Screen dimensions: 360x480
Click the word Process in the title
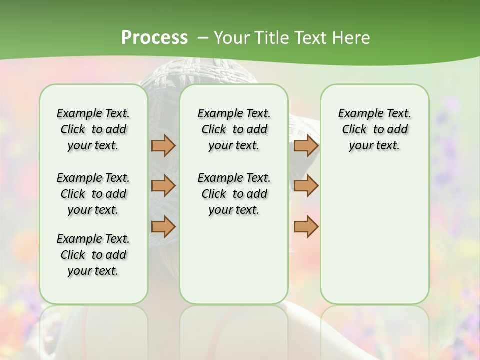tap(154, 37)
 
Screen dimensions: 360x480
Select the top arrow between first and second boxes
tap(163, 146)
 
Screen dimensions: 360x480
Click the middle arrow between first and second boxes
tap(163, 186)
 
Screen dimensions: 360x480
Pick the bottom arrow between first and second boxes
tap(163, 226)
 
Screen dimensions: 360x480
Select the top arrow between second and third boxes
tap(306, 146)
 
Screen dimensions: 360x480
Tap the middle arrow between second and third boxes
tap(306, 186)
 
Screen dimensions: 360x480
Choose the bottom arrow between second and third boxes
tap(306, 226)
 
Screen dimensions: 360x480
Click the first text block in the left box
tap(93, 129)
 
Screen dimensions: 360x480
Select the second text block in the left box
tap(93, 194)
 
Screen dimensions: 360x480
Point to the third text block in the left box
tap(93, 255)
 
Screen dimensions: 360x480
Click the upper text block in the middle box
tap(234, 129)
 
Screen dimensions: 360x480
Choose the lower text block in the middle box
tap(234, 194)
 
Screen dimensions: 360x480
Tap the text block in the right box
tap(374, 129)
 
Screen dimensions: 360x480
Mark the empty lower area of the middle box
tap(234, 260)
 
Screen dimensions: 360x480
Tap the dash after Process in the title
tap(202, 37)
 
